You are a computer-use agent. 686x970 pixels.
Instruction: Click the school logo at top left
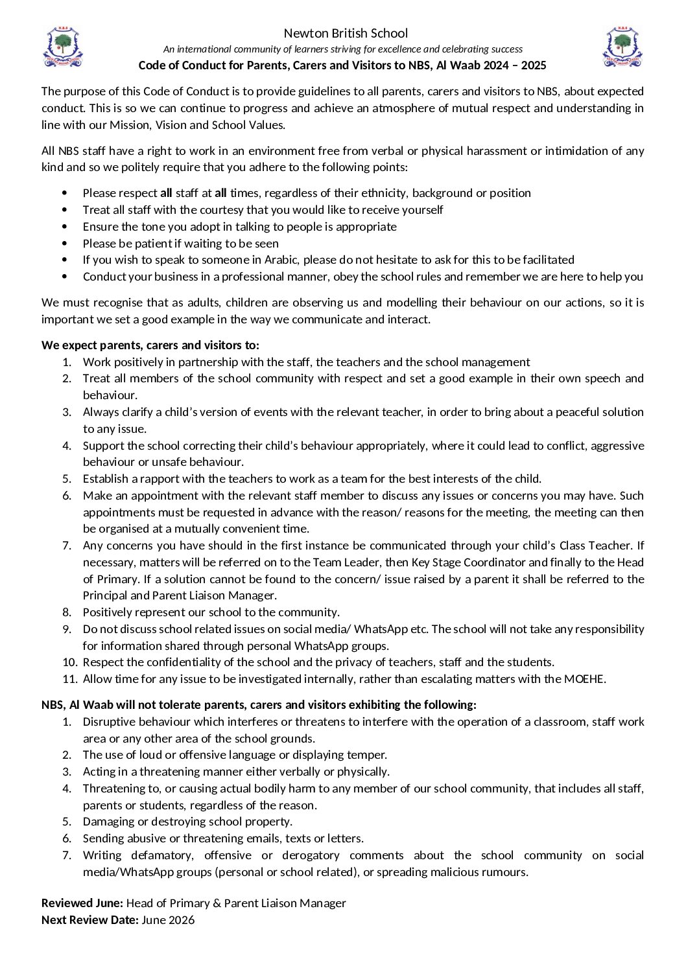62,47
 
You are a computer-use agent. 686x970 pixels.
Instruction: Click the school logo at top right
622,47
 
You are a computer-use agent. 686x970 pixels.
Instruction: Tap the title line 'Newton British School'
346,33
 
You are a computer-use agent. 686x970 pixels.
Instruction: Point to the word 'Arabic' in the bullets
281,260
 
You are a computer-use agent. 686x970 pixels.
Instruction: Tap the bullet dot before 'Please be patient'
64,244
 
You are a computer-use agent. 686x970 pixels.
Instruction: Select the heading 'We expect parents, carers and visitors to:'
150,345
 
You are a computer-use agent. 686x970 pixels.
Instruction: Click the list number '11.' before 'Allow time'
70,679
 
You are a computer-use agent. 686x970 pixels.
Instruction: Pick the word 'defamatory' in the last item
161,855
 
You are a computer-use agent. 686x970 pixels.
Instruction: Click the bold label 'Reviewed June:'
82,903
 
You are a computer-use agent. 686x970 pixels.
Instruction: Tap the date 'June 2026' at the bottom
168,920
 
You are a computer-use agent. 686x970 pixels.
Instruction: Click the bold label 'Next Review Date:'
90,920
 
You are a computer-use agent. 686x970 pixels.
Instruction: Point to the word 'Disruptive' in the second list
110,722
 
